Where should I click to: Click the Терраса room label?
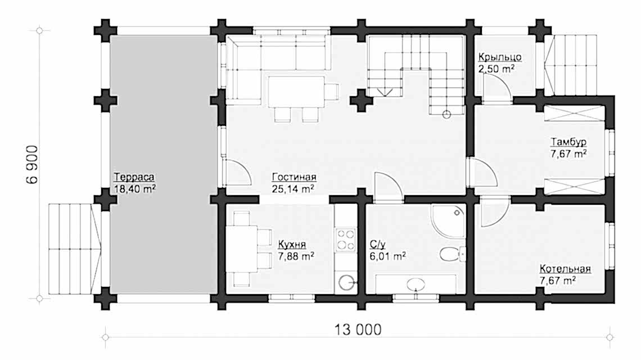click(x=134, y=177)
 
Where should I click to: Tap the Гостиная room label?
click(x=294, y=177)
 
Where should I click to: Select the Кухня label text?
click(x=292, y=245)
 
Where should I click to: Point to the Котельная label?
click(x=565, y=269)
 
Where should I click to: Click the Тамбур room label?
click(x=568, y=142)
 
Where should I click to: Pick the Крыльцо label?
click(x=499, y=57)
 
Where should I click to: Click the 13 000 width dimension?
click(x=358, y=329)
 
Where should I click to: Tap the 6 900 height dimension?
click(x=32, y=164)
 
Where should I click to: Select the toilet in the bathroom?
click(x=453, y=254)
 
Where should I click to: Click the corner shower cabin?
click(x=448, y=221)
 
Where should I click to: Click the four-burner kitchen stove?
click(x=345, y=240)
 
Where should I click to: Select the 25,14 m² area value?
click(x=293, y=188)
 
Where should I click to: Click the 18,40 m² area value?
click(x=135, y=188)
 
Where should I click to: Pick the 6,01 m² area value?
click(x=387, y=256)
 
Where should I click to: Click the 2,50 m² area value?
click(x=496, y=68)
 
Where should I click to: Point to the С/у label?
click(x=377, y=245)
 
